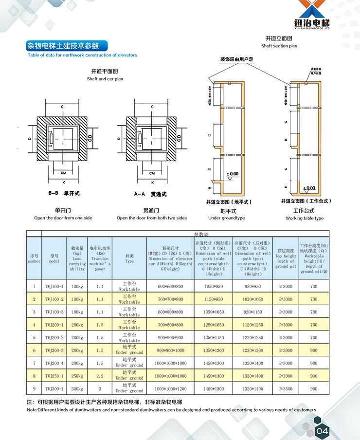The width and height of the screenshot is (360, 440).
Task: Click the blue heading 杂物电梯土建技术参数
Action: click(x=63, y=46)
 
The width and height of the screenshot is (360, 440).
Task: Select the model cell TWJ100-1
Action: click(x=54, y=287)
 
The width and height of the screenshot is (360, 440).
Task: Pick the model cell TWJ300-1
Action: click(x=54, y=389)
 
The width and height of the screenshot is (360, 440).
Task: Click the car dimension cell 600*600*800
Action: click(x=170, y=287)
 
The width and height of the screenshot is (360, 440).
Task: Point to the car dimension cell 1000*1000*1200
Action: click(x=170, y=389)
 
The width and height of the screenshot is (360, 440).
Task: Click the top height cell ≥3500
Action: click(x=285, y=389)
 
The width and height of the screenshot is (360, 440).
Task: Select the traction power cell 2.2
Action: click(x=100, y=376)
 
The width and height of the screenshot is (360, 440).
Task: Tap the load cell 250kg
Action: click(x=77, y=376)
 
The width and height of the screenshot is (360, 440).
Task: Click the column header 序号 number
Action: click(x=34, y=258)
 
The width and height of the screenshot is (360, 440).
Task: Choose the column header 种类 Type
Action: click(x=129, y=258)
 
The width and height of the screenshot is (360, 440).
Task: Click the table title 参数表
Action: click(x=200, y=234)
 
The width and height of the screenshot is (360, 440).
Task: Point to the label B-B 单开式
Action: click(x=64, y=194)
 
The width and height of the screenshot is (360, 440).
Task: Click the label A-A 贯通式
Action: click(x=150, y=194)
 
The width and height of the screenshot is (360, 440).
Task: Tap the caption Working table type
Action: click(x=305, y=218)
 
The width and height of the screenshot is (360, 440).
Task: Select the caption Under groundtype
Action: click(x=226, y=218)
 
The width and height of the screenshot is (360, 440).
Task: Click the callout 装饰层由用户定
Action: click(x=237, y=59)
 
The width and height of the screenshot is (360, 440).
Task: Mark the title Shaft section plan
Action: click(x=279, y=46)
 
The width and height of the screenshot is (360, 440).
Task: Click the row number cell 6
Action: click(x=34, y=350)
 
